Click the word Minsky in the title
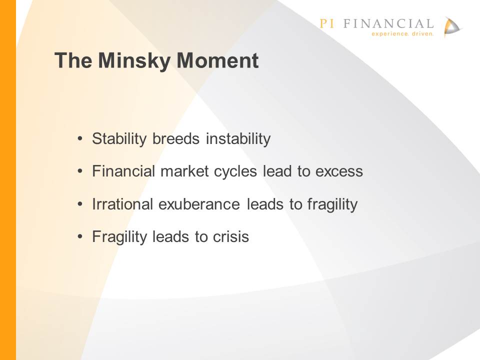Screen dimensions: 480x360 (134, 61)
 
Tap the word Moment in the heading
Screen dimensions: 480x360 (217, 60)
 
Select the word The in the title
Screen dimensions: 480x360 (73, 60)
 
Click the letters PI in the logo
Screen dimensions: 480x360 (326, 23)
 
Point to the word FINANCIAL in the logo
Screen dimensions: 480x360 (388, 23)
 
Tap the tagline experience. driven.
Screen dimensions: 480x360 (402, 33)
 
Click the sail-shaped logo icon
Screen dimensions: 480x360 (452, 27)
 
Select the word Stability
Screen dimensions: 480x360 (119, 139)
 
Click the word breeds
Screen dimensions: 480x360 (176, 138)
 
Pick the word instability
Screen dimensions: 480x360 (238, 139)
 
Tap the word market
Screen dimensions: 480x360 (184, 171)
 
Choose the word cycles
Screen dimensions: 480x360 (235, 171)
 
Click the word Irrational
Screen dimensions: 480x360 (122, 204)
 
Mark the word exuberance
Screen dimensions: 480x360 (199, 204)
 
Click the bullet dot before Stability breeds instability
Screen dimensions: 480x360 (80, 139)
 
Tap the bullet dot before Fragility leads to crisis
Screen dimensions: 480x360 (80, 236)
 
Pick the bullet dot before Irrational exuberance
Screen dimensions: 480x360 (80, 204)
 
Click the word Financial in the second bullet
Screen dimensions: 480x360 (123, 171)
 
